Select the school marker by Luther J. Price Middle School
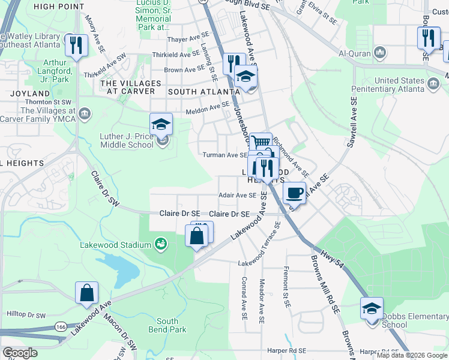click(161, 124)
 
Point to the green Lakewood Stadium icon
click(160, 244)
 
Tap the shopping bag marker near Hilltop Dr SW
click(86, 293)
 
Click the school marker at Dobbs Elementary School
click(372, 309)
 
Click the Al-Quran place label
click(352, 53)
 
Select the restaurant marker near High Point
click(77, 45)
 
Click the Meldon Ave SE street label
click(208, 107)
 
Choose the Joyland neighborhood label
click(29, 94)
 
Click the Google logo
click(20, 353)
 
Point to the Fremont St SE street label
click(287, 287)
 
